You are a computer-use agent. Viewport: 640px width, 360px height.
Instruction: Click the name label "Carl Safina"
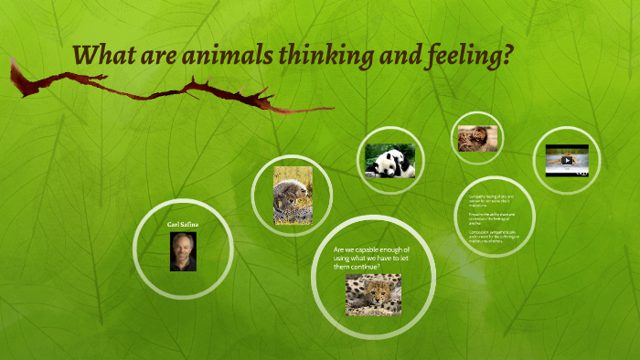tap(183, 223)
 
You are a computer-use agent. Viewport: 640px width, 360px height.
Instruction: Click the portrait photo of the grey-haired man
tap(183, 251)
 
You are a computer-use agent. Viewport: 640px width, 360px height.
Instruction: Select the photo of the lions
tap(477, 138)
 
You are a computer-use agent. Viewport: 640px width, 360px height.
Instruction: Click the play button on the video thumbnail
tap(567, 160)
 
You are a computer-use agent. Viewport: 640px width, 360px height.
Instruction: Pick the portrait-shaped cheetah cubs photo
tap(292, 196)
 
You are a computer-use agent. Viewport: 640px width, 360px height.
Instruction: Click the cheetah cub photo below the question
tap(373, 294)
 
